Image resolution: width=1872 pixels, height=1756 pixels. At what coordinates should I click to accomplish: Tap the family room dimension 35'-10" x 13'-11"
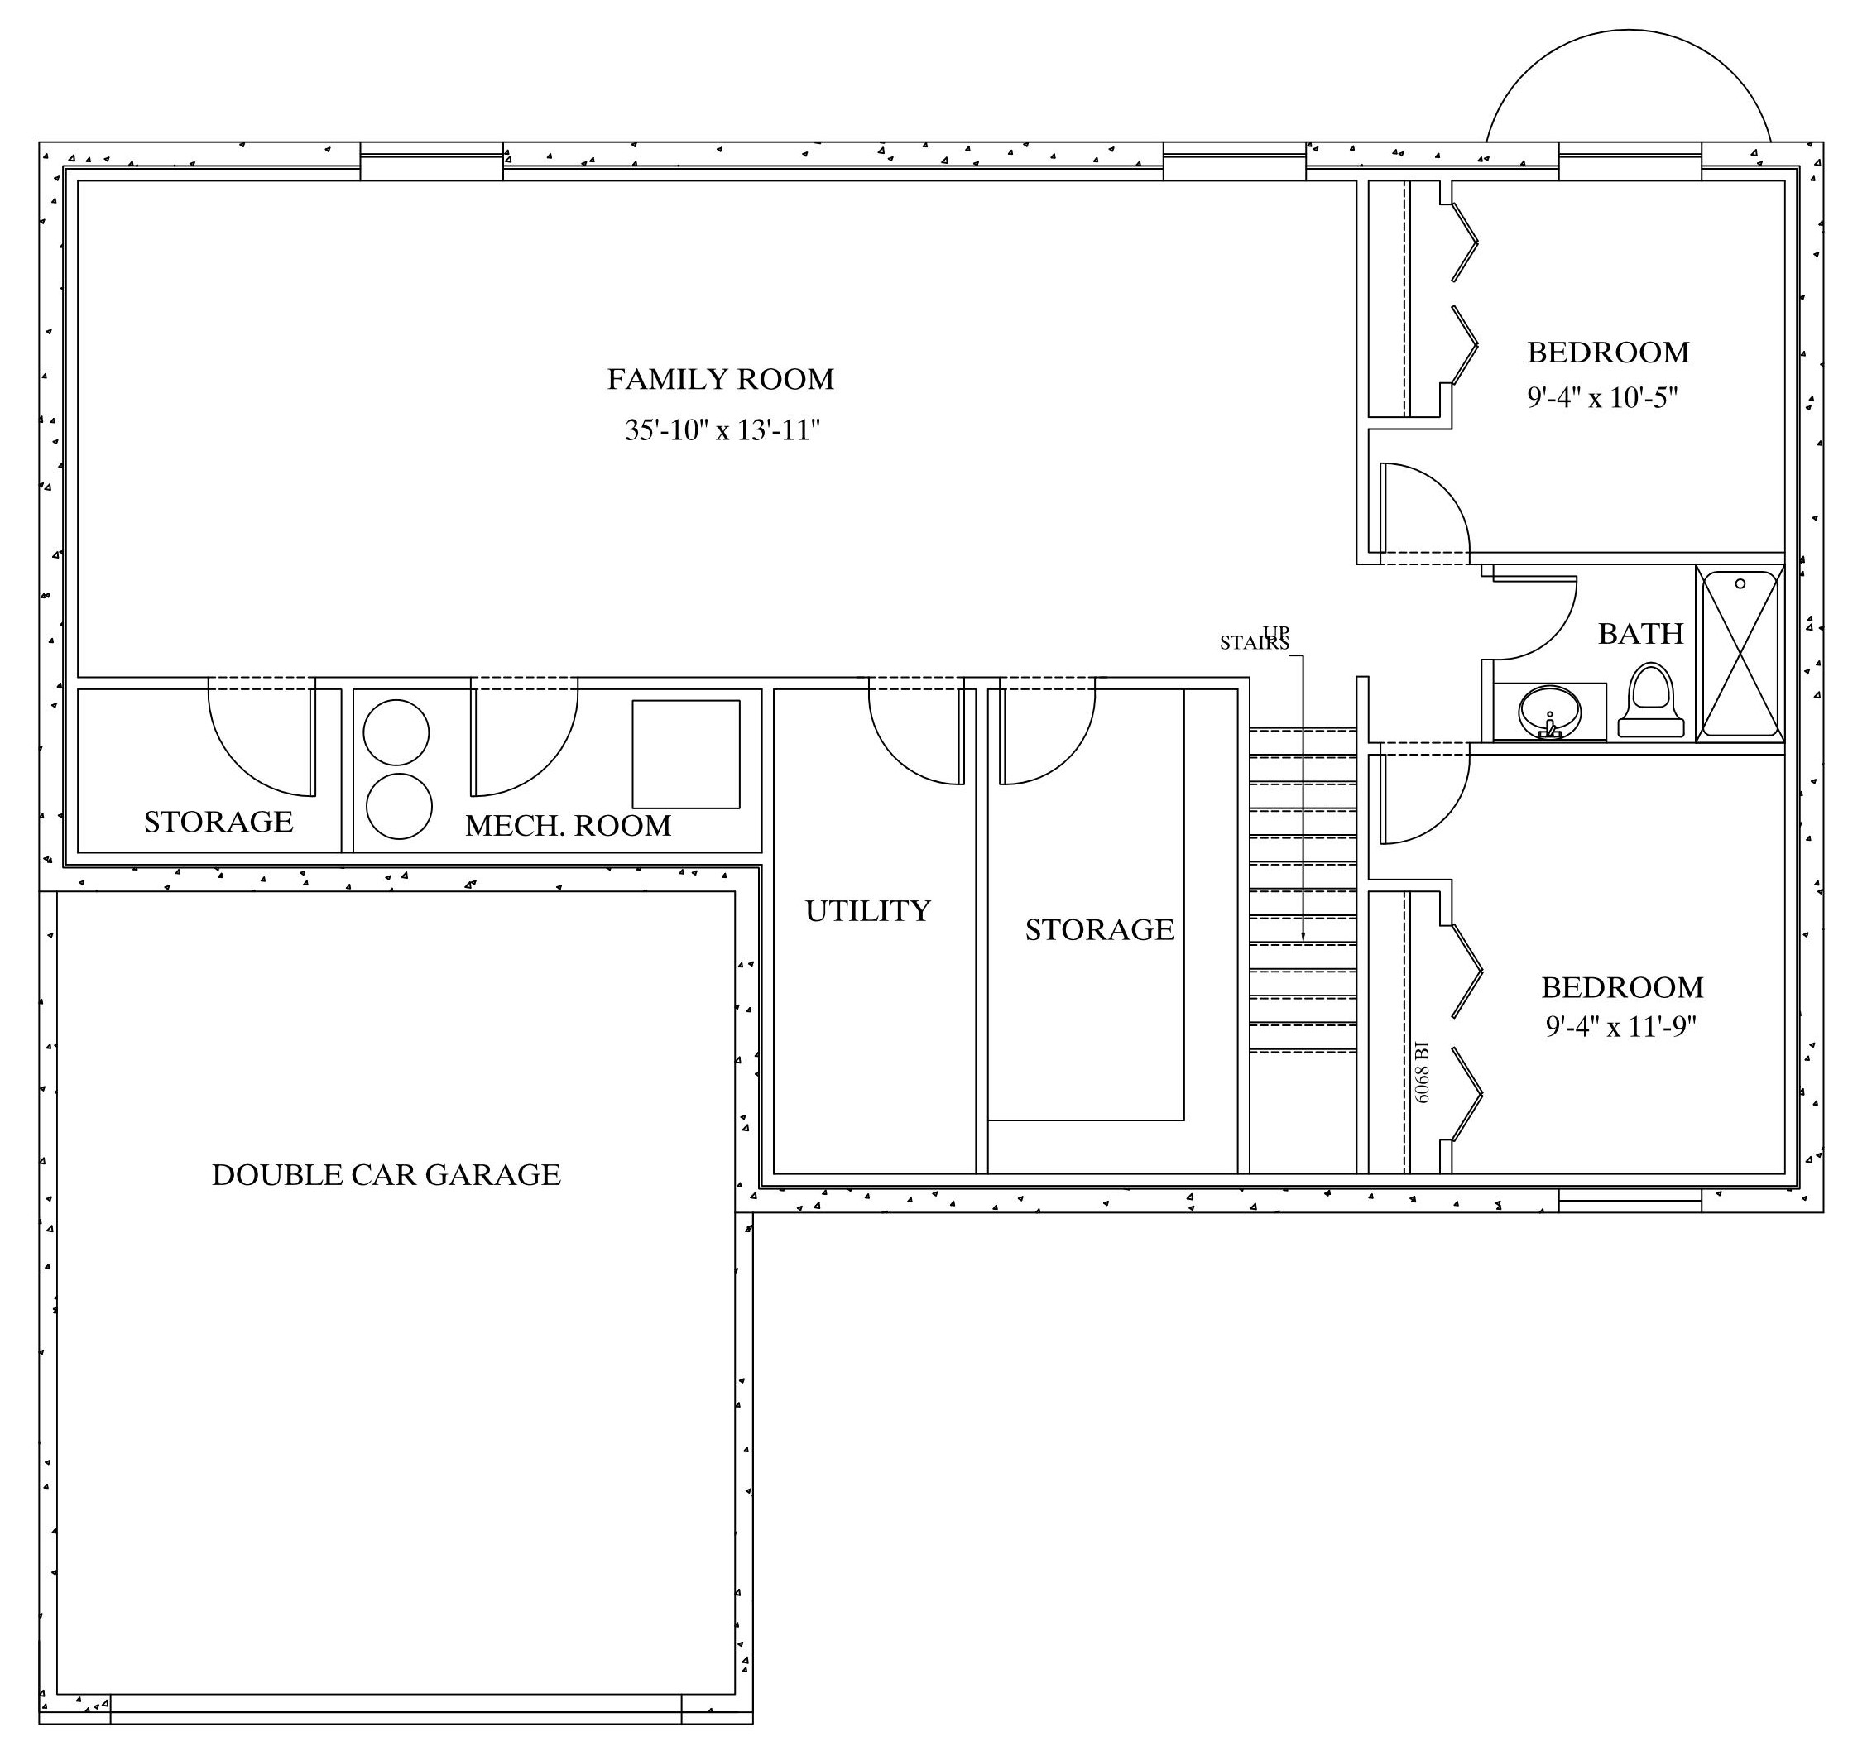pos(722,430)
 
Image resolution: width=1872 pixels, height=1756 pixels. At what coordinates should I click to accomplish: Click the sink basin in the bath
pos(1549,713)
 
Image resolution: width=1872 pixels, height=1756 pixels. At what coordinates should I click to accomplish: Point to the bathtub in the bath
pos(1740,654)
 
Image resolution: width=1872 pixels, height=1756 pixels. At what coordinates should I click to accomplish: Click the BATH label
pos(1640,634)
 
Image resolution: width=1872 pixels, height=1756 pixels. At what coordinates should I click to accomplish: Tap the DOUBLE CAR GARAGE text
pos(386,1175)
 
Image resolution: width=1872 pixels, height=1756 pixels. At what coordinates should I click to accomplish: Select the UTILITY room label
pos(867,910)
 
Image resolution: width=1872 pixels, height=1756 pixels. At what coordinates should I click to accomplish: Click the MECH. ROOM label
pos(568,826)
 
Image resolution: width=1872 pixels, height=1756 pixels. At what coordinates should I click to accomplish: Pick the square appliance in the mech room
pos(685,753)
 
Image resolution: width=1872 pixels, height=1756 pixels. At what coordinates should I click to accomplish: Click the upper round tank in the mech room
pos(396,732)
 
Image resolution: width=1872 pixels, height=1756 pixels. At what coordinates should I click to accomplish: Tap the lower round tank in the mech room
pos(398,807)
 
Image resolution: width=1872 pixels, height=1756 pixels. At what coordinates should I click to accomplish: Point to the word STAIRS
pos(1253,643)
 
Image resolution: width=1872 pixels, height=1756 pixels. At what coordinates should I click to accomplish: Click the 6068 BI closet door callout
pos(1422,1072)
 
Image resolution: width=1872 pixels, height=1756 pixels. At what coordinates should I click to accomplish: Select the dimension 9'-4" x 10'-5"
pos(1603,397)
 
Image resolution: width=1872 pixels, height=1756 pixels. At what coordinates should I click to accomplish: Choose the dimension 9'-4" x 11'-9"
pos(1620,1025)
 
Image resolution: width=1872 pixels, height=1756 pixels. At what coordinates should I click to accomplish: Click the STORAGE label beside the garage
pos(218,822)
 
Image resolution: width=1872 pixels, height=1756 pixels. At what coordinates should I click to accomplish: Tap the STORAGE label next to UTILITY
pos(1099,930)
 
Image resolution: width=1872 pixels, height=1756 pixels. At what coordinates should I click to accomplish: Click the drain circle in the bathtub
pos(1740,583)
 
